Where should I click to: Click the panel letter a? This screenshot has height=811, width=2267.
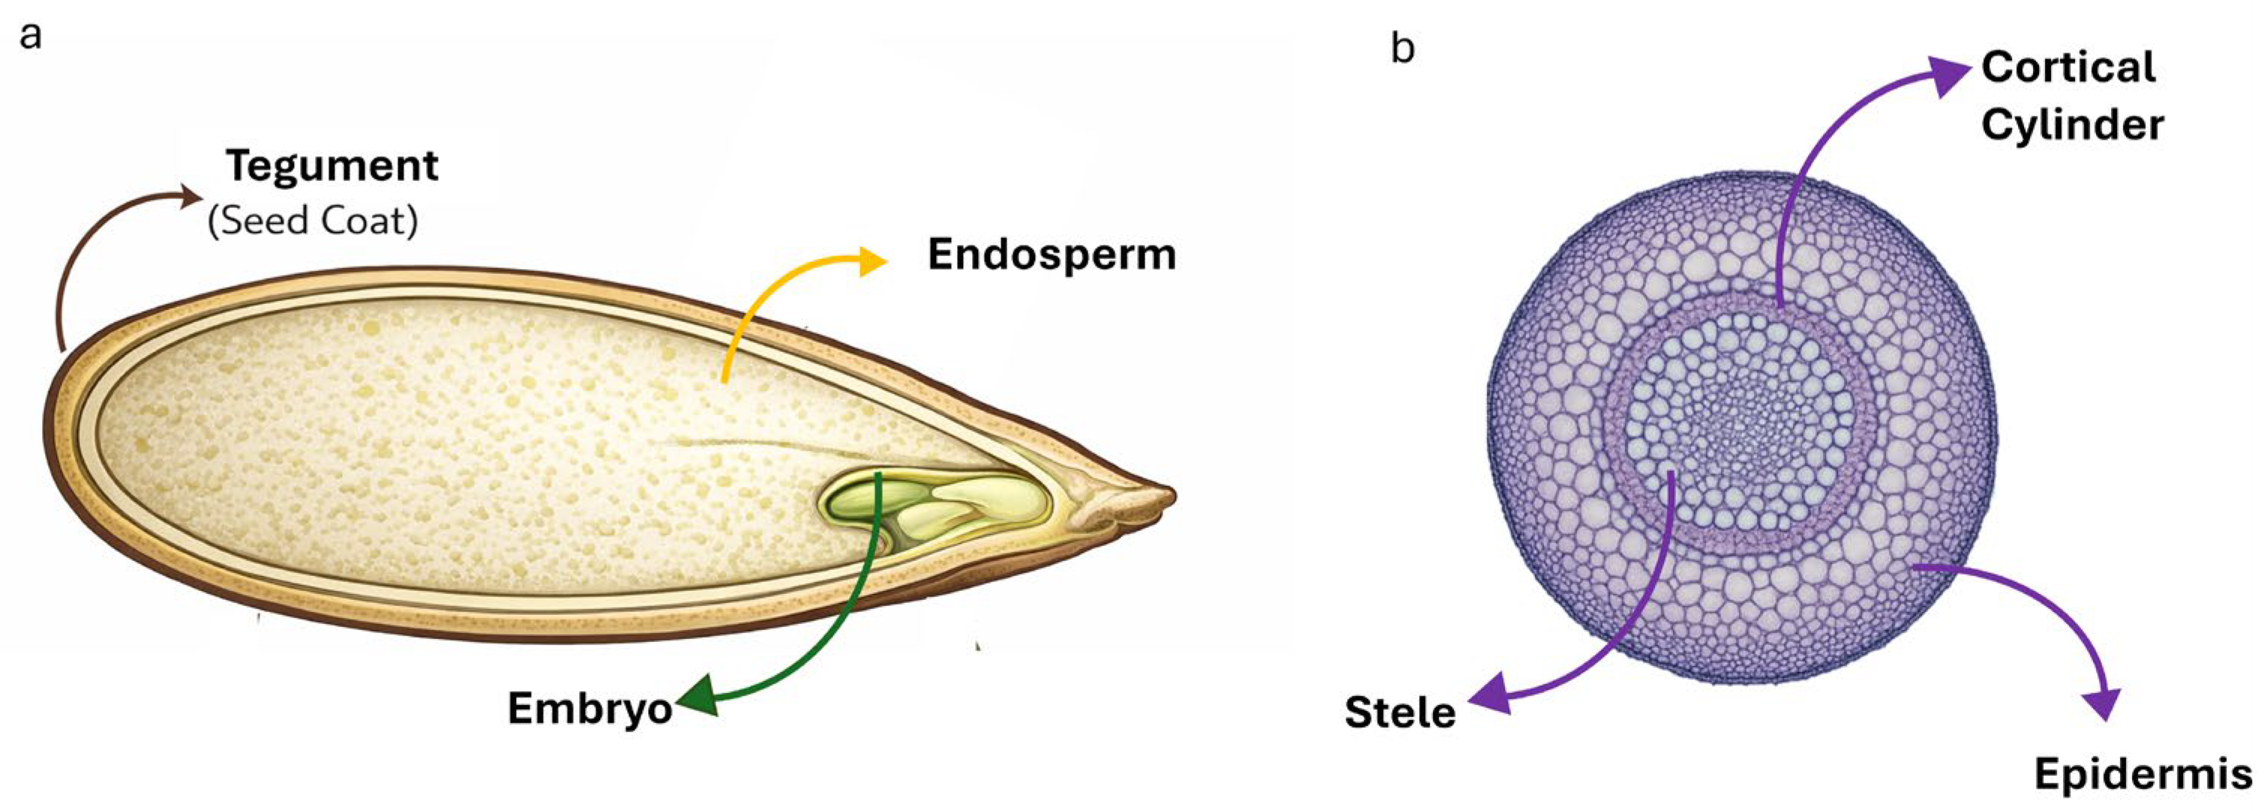coord(31,38)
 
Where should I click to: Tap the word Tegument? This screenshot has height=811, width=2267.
coord(332,165)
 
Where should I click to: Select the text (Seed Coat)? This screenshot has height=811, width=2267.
coord(312,220)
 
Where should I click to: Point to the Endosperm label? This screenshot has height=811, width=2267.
coord(1052,255)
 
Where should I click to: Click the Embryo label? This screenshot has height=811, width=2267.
coord(590,708)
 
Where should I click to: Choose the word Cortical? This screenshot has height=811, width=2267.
coord(2068,67)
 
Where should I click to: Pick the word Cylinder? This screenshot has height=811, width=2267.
coord(2073,124)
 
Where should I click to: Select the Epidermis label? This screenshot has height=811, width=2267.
coord(2143,775)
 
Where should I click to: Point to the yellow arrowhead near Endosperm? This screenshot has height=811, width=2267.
coord(873,261)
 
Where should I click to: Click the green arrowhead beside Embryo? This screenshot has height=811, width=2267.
coord(695,698)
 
